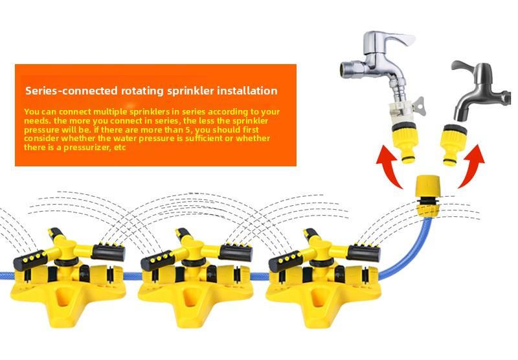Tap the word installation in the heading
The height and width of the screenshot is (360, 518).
(x=249, y=91)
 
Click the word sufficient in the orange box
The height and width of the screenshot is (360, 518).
(x=194, y=139)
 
